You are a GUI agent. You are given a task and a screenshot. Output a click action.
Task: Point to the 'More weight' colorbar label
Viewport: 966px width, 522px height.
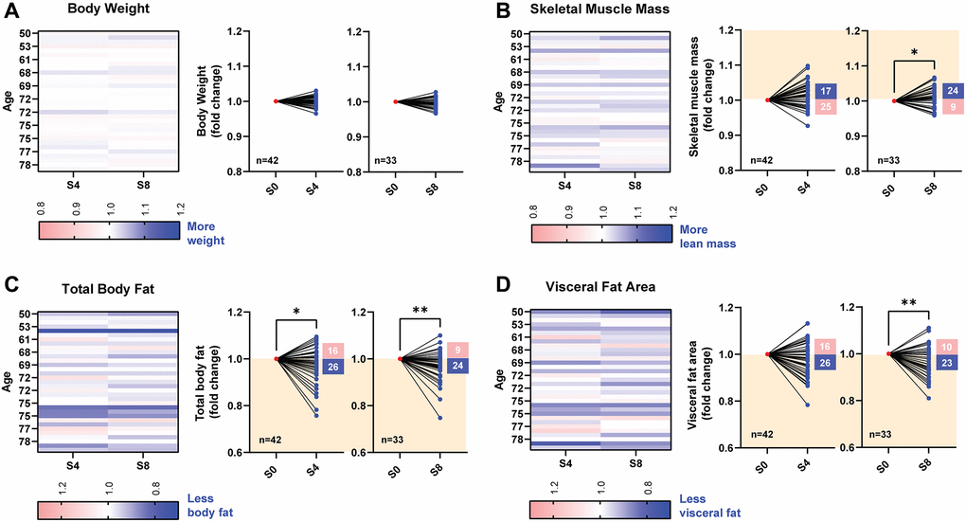point(206,234)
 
